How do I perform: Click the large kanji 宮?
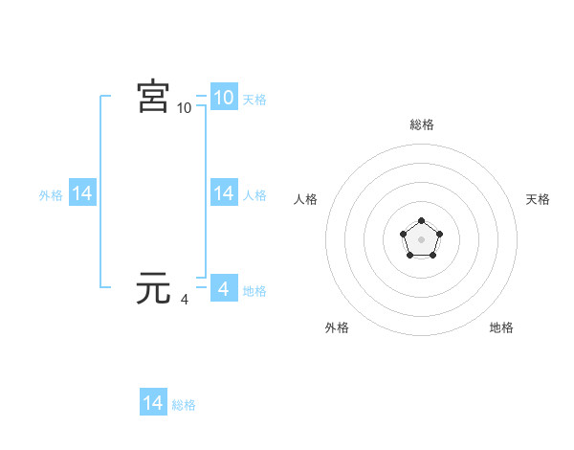pos(153,97)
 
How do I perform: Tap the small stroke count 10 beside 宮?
pos(185,108)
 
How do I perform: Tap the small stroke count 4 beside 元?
pos(185,300)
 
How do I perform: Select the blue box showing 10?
pos(223,98)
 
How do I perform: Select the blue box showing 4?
pos(223,289)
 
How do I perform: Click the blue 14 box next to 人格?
pos(223,193)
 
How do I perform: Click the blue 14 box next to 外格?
pos(81,193)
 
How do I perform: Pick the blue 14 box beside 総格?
pos(153,403)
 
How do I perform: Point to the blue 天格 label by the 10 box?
pos(254,99)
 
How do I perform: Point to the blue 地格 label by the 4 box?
pos(254,290)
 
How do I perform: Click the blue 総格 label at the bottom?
pos(184,405)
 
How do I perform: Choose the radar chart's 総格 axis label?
pos(422,124)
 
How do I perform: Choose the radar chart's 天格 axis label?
pos(538,199)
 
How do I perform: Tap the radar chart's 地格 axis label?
pos(501,327)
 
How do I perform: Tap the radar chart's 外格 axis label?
pos(337,327)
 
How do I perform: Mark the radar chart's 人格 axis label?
pos(306,199)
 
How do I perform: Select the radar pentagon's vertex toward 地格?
pos(432,256)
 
